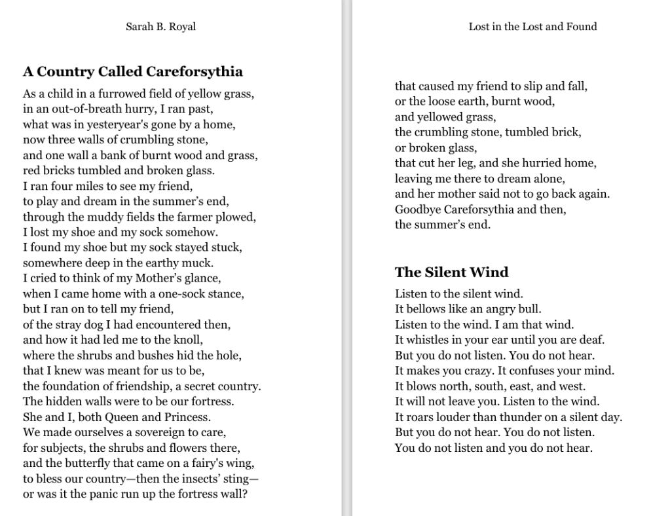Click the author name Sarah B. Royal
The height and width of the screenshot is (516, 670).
(160, 27)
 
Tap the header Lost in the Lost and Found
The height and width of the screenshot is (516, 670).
(532, 27)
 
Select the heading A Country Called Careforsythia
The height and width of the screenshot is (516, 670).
(133, 71)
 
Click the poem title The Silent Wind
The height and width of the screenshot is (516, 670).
(451, 272)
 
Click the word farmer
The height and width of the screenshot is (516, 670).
(181, 217)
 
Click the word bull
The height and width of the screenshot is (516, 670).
(531, 309)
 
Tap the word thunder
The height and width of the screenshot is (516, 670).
(515, 417)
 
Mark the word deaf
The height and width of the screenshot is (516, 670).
(593, 340)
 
